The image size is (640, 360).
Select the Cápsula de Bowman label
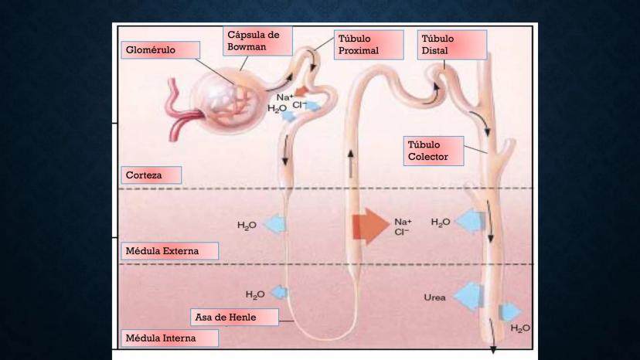pyautogui.click(x=258, y=42)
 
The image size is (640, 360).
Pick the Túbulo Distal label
pyautogui.click(x=452, y=45)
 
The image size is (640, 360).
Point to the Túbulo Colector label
pyautogui.click(x=434, y=151)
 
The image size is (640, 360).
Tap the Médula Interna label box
pyautogui.click(x=169, y=338)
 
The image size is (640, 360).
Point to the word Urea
pyautogui.click(x=434, y=297)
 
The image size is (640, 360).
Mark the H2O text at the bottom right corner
pyautogui.click(x=520, y=328)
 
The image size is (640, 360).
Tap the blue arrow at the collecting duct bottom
pyautogui.click(x=510, y=313)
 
